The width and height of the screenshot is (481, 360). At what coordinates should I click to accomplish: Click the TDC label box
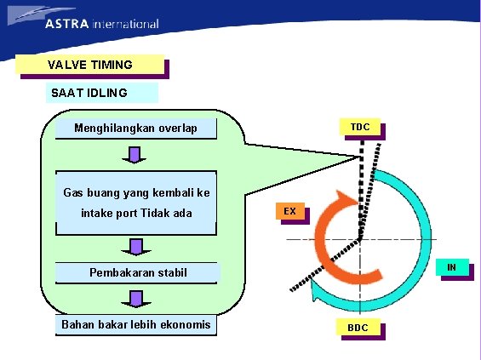pyautogui.click(x=359, y=127)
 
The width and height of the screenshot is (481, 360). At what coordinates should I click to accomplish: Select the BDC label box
pyautogui.click(x=357, y=328)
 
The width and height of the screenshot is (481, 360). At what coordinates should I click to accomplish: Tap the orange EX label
pyautogui.click(x=290, y=210)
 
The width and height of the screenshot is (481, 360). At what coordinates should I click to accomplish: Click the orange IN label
pyautogui.click(x=452, y=268)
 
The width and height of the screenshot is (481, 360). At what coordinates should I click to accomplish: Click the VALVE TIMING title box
pyautogui.click(x=89, y=65)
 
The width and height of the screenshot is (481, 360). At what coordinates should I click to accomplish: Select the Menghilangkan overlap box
pyautogui.click(x=135, y=129)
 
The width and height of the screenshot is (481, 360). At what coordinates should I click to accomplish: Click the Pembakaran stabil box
pyautogui.click(x=138, y=273)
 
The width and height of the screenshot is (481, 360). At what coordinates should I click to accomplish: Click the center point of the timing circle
pyautogui.click(x=359, y=239)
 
